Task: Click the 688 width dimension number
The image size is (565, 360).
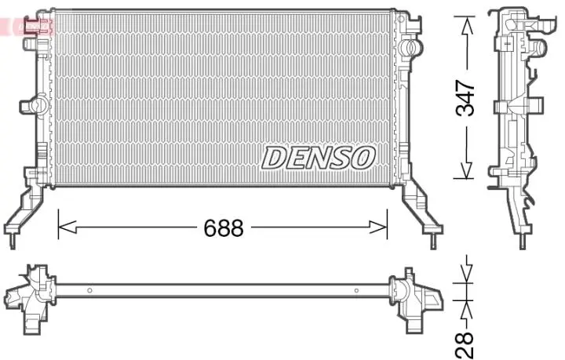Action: [x=224, y=228]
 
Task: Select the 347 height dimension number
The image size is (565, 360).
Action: [x=466, y=98]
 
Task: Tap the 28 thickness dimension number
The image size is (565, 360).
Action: [x=466, y=343]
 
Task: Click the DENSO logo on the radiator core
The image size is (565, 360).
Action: [x=318, y=157]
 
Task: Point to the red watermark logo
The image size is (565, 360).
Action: [x=27, y=26]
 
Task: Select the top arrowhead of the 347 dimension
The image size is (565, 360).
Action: [x=467, y=24]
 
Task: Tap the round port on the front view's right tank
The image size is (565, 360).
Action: [x=407, y=49]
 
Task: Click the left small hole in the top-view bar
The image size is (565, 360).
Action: [x=89, y=291]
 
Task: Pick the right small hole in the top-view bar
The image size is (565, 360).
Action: [x=356, y=291]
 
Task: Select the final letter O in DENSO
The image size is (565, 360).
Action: [x=363, y=158]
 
